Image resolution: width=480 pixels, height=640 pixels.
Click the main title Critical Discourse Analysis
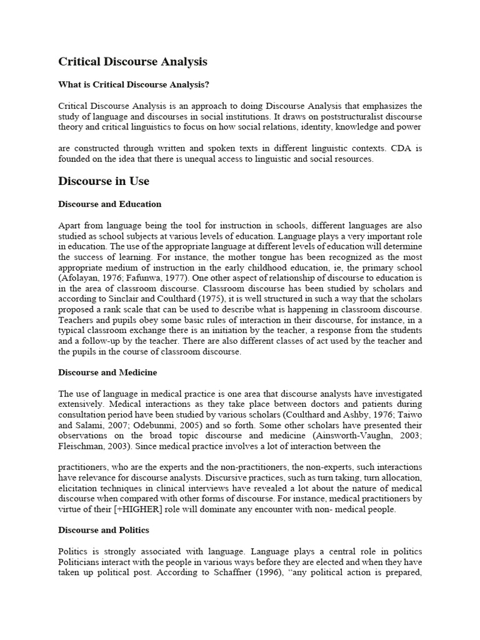[x=132, y=62]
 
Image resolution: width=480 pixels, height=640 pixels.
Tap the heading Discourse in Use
[x=104, y=181]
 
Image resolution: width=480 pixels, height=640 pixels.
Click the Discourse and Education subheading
[x=109, y=204]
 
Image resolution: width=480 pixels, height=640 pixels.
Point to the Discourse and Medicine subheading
[x=107, y=372]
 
